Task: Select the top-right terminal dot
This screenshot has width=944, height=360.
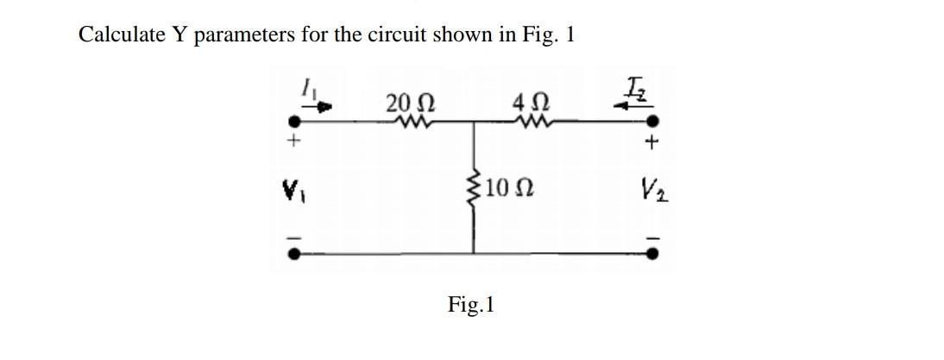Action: pyautogui.click(x=653, y=122)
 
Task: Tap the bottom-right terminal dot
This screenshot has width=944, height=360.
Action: pyautogui.click(x=653, y=254)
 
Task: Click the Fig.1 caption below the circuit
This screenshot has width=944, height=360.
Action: pyautogui.click(x=471, y=305)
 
